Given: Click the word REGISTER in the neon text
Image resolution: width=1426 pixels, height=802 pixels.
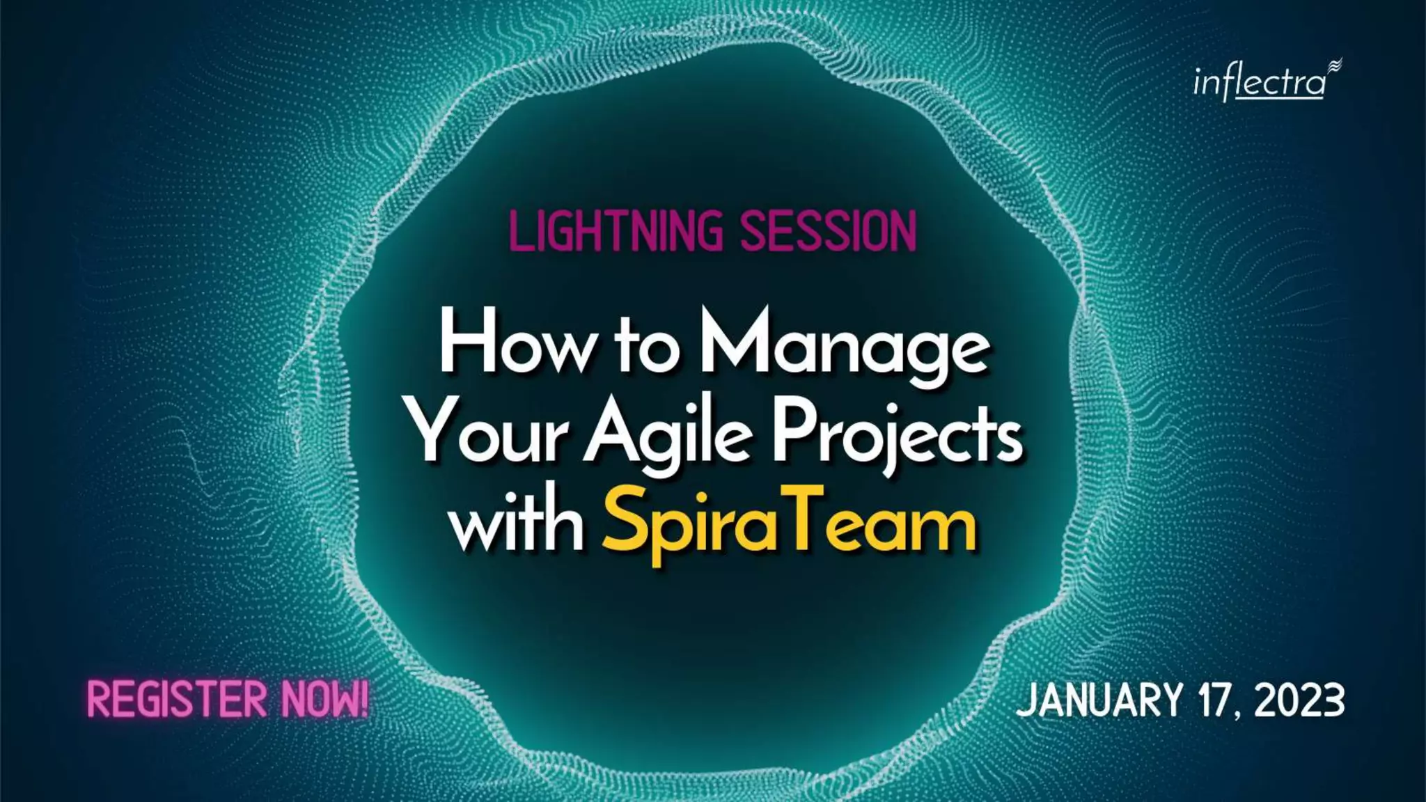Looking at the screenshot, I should tap(177, 700).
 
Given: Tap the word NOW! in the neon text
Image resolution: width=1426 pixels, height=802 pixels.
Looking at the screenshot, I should tap(324, 700).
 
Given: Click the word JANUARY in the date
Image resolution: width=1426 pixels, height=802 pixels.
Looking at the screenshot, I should tap(1099, 700).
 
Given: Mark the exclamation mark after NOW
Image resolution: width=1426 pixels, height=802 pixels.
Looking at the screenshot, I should tap(363, 699).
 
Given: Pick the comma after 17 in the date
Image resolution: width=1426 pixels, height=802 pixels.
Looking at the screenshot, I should tap(1239, 714).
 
